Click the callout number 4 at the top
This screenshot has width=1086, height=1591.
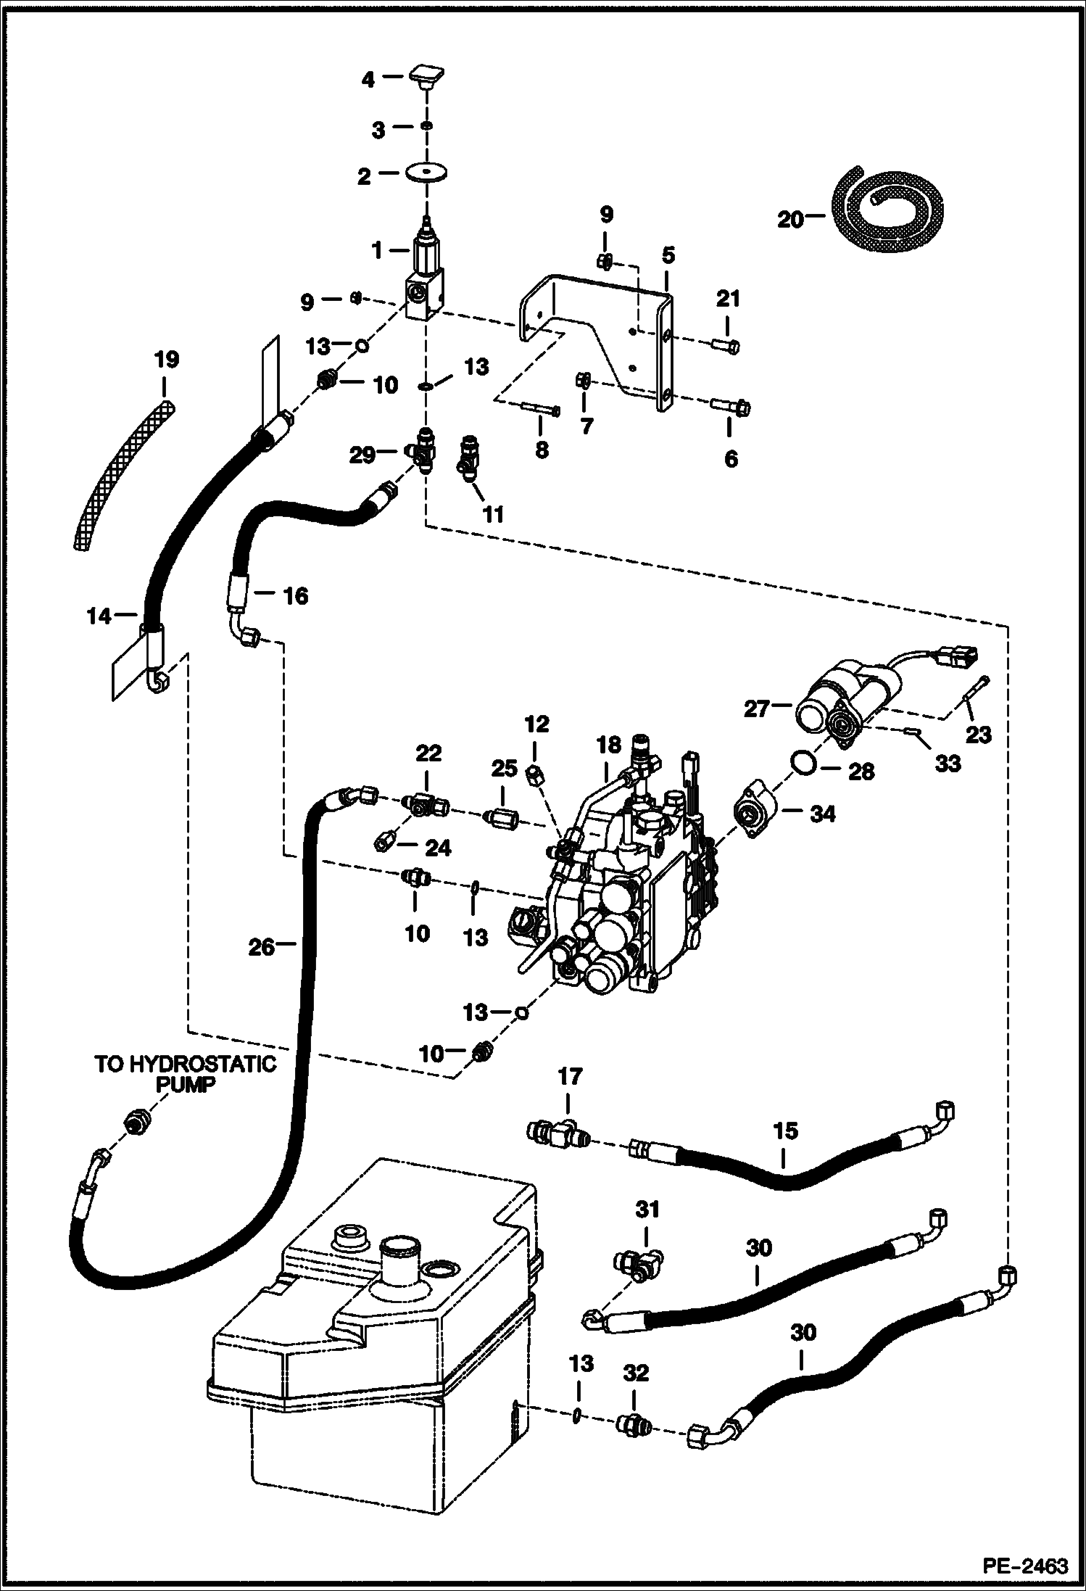click(x=368, y=79)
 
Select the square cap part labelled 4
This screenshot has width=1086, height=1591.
click(x=427, y=75)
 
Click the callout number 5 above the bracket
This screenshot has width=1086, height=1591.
click(x=668, y=255)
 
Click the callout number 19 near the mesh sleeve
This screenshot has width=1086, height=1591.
click(x=166, y=360)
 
